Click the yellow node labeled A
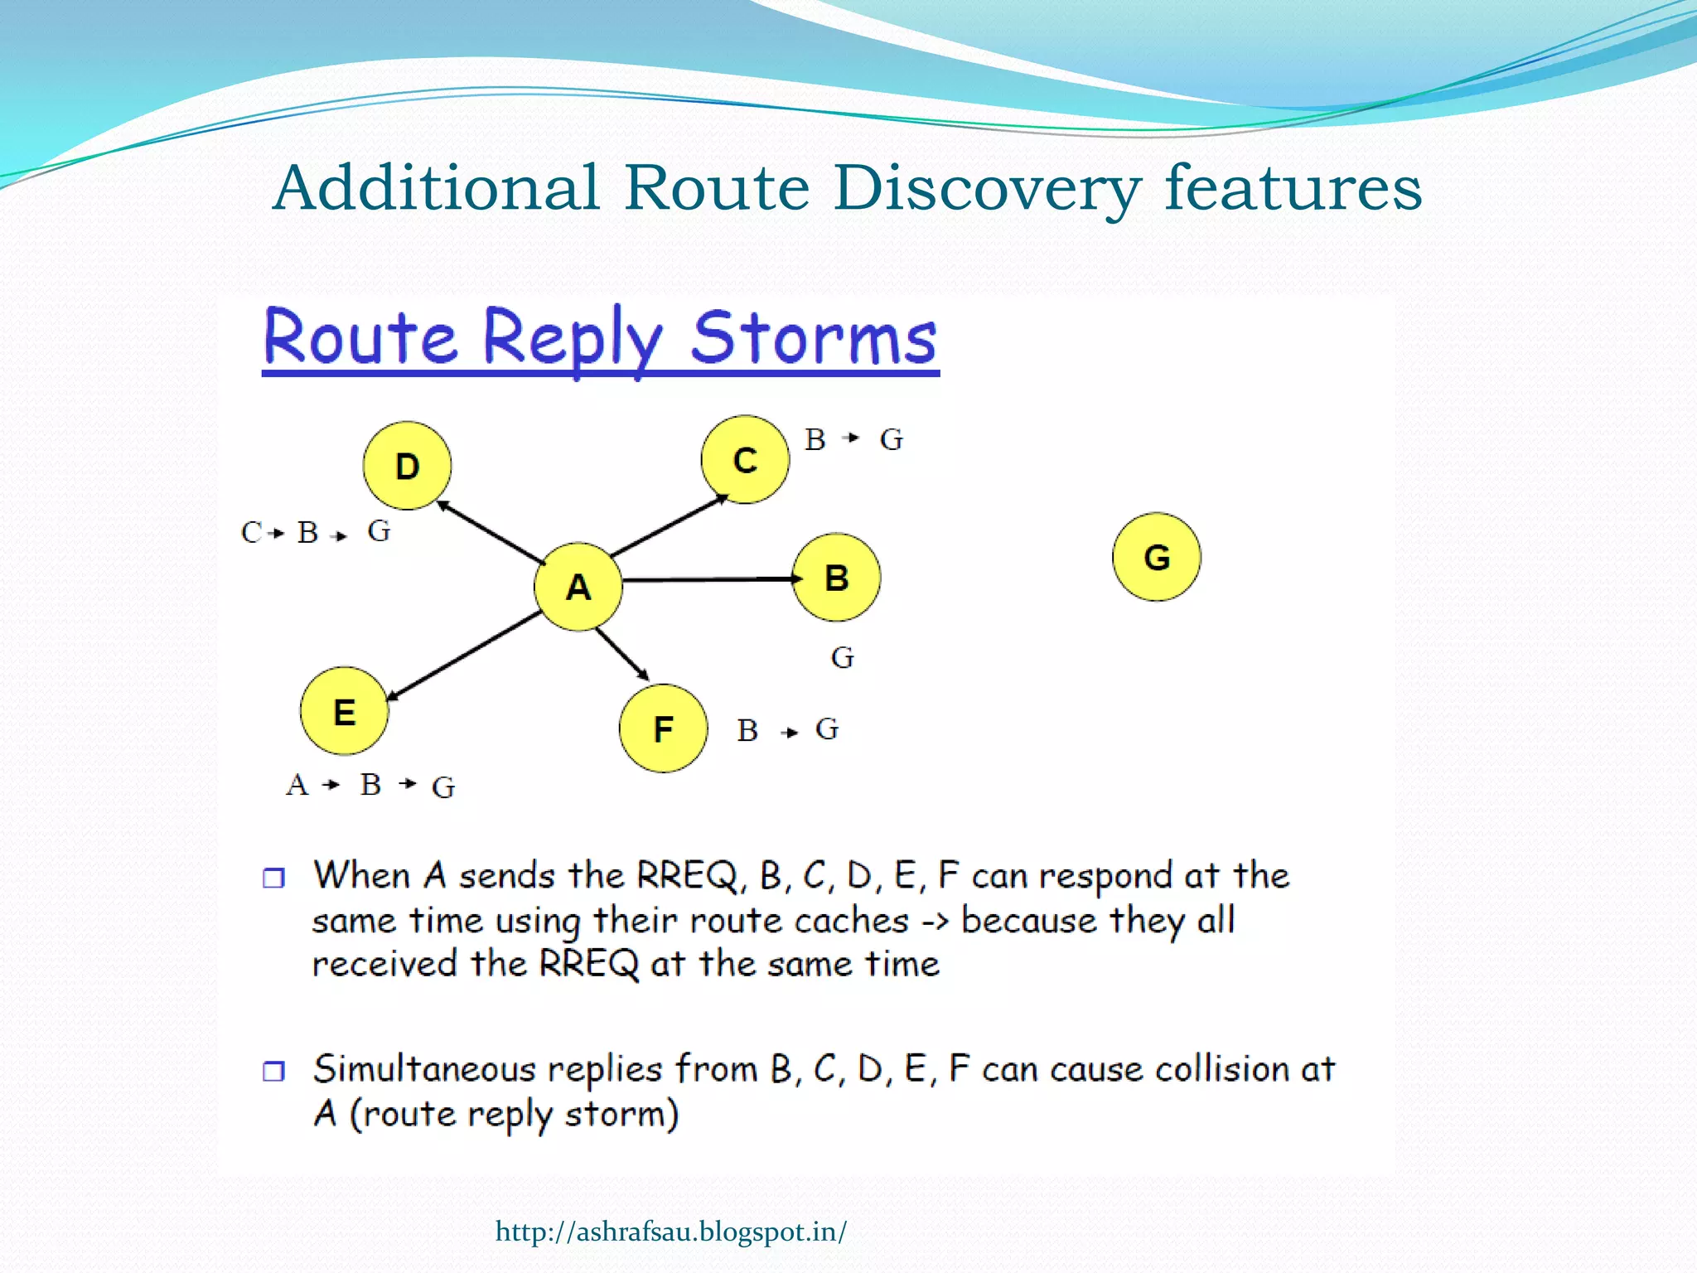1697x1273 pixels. coord(578,587)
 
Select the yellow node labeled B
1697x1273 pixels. coord(837,578)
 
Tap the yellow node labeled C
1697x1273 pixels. coord(745,460)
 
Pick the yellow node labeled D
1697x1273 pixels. coord(407,467)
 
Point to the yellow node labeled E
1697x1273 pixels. coord(344,712)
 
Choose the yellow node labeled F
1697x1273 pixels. coord(663,729)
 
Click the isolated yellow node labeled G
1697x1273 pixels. coord(1157,557)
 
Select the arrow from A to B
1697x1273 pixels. coord(708,579)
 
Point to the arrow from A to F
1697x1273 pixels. coord(622,654)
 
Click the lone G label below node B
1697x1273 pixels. coord(843,658)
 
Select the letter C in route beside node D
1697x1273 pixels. coord(251,532)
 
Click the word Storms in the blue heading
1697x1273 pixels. coord(814,338)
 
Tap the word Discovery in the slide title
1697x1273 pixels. coord(986,189)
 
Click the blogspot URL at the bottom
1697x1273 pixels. coord(670,1232)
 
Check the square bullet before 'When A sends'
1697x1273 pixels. coord(273,878)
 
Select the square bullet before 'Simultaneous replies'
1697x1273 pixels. coord(273,1071)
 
